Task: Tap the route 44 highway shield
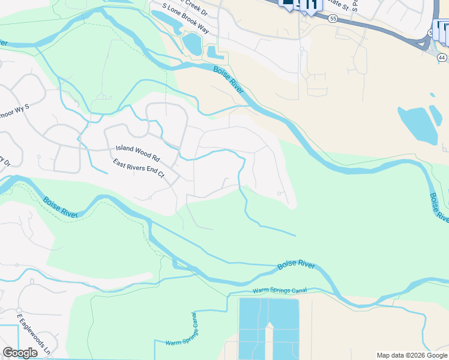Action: (441, 58)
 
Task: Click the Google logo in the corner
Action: (20, 353)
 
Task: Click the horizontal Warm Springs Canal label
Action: (280, 290)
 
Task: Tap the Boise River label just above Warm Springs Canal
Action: (297, 265)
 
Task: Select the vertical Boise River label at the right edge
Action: (439, 208)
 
